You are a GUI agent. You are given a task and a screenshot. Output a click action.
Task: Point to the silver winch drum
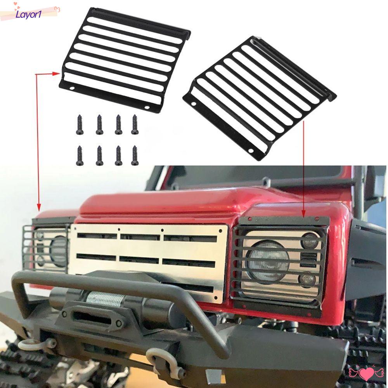pyautogui.click(x=105, y=300)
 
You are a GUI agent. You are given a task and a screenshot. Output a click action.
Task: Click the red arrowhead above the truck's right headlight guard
pyautogui.click(x=303, y=213)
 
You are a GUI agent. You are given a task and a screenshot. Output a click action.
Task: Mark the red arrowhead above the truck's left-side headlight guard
pyautogui.click(x=38, y=207)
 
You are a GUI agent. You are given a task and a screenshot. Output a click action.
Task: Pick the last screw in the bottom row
pyautogui.click(x=135, y=155)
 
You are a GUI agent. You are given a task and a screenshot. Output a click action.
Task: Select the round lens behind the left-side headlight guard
pyautogui.click(x=58, y=250)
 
